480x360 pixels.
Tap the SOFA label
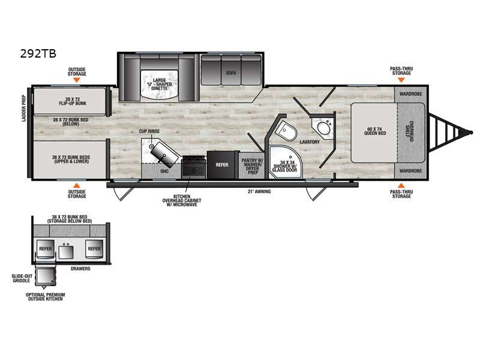[231, 73]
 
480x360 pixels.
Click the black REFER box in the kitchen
[222, 164]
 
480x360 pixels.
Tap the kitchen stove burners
[193, 165]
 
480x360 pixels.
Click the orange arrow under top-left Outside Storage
[77, 80]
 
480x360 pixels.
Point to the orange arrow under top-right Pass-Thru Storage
[401, 80]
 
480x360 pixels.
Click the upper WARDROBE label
[409, 94]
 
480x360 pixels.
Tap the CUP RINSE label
[149, 131]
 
